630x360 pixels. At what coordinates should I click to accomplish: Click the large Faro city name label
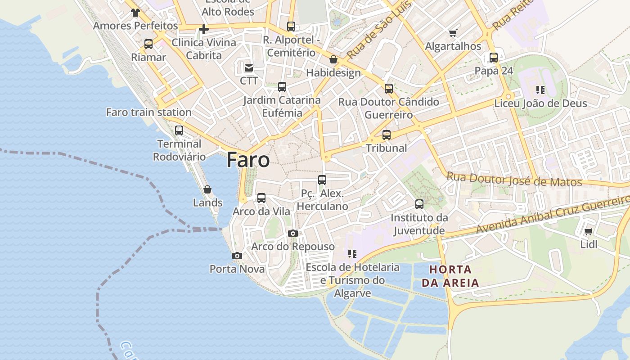[x=248, y=160]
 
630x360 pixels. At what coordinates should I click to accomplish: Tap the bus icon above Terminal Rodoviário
[x=179, y=130]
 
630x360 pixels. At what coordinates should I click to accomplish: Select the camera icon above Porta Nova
[x=237, y=256]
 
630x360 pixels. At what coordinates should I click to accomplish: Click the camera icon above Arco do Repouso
[x=293, y=233]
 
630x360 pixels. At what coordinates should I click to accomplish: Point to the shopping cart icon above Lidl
[x=588, y=232]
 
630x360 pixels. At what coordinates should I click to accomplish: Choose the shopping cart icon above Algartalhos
[x=453, y=33]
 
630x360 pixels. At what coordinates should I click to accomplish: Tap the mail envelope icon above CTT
[x=248, y=68]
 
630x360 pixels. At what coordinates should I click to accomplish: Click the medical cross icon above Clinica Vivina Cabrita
[x=204, y=30]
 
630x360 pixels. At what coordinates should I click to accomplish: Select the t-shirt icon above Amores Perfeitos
[x=135, y=13]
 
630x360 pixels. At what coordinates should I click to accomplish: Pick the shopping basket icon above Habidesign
[x=333, y=59]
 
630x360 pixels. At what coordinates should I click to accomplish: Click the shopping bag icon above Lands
[x=207, y=189]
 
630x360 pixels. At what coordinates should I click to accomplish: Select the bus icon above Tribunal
[x=386, y=135]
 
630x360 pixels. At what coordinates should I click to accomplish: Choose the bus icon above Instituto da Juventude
[x=419, y=204]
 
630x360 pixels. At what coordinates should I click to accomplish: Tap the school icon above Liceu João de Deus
[x=540, y=90]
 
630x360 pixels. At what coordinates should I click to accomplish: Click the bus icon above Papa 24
[x=494, y=58]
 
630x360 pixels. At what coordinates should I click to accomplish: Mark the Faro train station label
[x=149, y=112]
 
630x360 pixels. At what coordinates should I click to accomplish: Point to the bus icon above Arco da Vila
[x=261, y=198]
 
